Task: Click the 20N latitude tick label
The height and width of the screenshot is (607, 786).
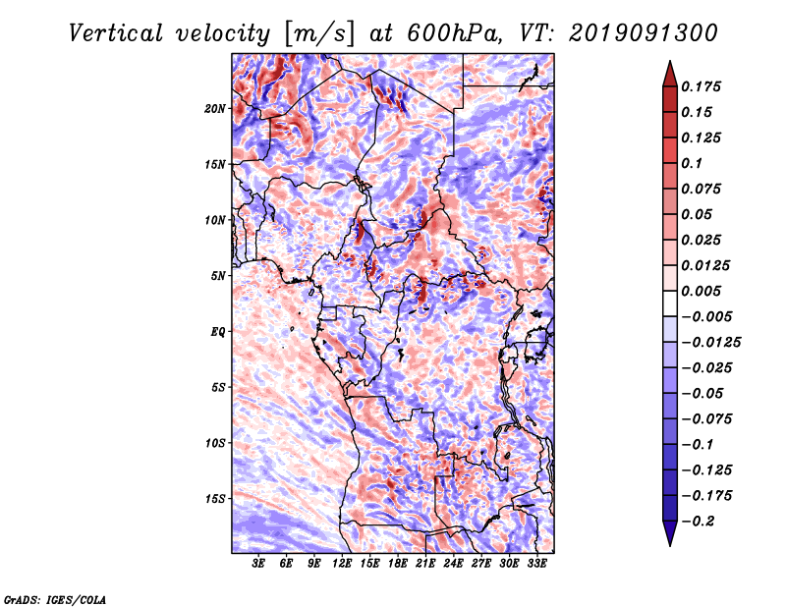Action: pos(215,109)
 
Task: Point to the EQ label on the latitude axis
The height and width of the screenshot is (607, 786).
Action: pos(218,332)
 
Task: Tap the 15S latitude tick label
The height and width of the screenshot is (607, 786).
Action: pos(215,499)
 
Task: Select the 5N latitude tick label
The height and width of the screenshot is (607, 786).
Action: pos(218,276)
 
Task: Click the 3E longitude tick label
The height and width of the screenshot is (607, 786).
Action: pos(258,563)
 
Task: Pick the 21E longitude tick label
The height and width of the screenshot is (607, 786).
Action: pos(425,563)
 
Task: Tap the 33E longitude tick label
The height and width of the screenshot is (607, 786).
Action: pos(536,563)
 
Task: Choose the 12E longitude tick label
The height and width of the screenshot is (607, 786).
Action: pos(342,563)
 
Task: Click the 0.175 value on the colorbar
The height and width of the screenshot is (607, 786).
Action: pos(701,86)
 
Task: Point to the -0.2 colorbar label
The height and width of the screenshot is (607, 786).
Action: pos(698,522)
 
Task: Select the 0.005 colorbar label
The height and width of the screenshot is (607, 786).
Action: pos(701,291)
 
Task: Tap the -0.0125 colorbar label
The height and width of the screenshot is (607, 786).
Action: pos(710,343)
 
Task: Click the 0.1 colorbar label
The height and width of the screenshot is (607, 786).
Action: pos(692,163)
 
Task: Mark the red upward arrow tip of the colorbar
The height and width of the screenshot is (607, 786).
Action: pos(670,61)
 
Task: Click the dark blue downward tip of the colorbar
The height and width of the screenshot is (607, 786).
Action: pos(670,545)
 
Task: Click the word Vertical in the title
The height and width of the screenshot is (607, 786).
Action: pos(116,33)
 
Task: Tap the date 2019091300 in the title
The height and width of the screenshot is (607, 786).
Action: pos(644,33)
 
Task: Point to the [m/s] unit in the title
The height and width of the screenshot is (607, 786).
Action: pos(318,34)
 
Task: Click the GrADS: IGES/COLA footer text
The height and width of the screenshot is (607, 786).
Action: pos(55,600)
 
